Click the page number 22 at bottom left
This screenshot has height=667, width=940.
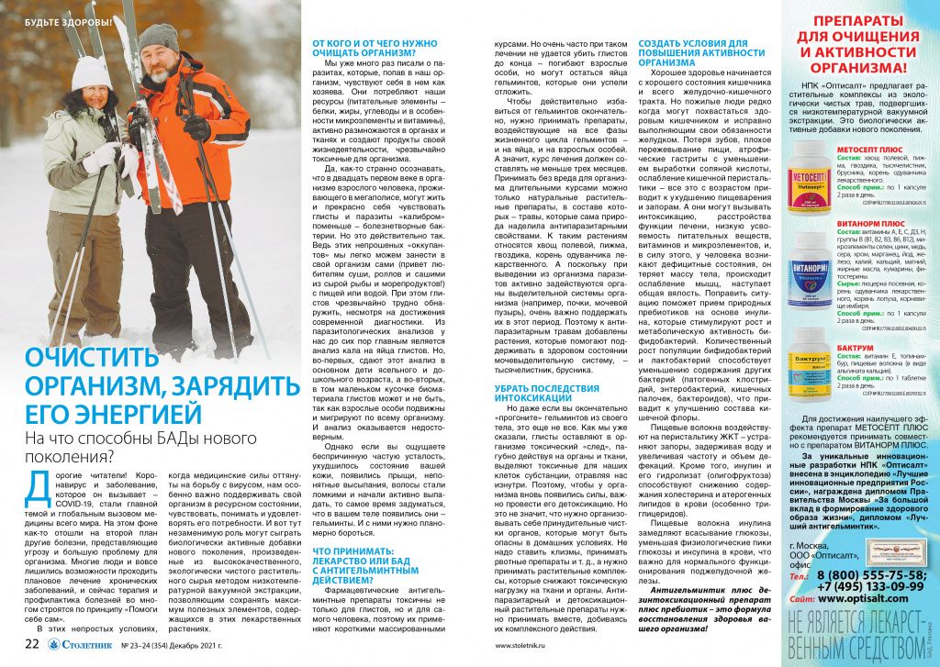tap(31, 643)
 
